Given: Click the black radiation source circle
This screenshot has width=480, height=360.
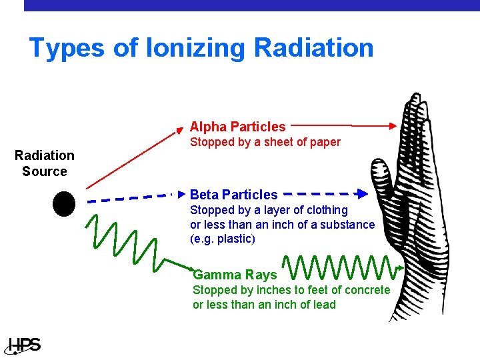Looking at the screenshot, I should pyautogui.click(x=64, y=203).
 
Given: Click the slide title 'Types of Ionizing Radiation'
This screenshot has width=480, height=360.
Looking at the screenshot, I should pyautogui.click(x=201, y=48).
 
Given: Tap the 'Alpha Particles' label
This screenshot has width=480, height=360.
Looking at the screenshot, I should pyautogui.click(x=237, y=127).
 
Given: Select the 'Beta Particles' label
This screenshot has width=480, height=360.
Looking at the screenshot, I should pyautogui.click(x=233, y=195).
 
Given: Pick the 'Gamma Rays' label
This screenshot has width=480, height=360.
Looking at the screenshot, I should pyautogui.click(x=235, y=275).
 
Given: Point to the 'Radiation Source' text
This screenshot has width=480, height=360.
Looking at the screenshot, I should pyautogui.click(x=45, y=163).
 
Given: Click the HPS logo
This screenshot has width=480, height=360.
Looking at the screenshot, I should pyautogui.click(x=24, y=345).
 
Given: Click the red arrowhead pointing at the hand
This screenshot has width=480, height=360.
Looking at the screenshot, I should pyautogui.click(x=392, y=125).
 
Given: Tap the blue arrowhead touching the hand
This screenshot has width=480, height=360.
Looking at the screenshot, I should pyautogui.click(x=362, y=194).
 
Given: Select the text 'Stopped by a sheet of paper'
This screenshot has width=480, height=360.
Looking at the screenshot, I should pyautogui.click(x=265, y=142).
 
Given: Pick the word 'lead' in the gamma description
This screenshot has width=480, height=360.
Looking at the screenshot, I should pyautogui.click(x=323, y=305).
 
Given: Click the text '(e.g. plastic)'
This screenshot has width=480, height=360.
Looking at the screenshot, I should pyautogui.click(x=223, y=239).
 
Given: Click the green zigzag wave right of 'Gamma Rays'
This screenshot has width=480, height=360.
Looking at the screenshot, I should pyautogui.click(x=340, y=268).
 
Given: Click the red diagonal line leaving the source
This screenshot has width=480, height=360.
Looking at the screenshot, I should pyautogui.click(x=133, y=157).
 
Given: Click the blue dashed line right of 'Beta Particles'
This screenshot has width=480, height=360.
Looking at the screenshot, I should pyautogui.click(x=320, y=194).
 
